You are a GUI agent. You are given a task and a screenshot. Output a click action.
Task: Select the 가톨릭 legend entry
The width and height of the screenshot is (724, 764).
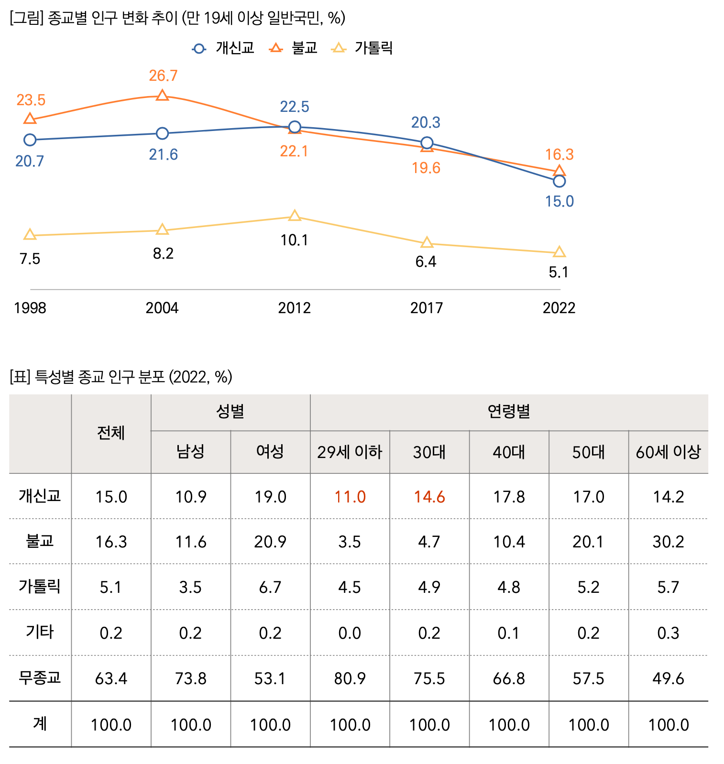362,48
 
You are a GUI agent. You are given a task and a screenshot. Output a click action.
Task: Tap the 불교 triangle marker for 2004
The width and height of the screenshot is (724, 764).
163,96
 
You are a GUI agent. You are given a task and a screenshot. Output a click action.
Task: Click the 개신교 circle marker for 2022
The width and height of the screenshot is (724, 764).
559,181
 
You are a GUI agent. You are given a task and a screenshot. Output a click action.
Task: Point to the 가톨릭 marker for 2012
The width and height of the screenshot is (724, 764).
295,216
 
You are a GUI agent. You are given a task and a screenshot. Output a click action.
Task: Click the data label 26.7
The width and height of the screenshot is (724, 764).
163,76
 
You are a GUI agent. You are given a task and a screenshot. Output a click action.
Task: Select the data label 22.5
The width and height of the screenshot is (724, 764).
295,107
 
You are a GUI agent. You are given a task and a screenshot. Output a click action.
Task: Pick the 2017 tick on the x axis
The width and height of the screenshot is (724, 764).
427,307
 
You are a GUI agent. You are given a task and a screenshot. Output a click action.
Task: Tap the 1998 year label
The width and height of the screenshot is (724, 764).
30,307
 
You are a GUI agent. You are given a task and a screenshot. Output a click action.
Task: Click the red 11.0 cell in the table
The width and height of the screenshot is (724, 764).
350,497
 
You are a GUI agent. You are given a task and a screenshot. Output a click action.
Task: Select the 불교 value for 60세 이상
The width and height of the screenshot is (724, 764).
668,542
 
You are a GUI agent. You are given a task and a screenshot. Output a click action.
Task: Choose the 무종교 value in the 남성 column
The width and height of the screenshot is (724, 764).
191,678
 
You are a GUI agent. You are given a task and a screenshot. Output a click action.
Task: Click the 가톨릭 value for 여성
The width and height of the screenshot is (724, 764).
270,587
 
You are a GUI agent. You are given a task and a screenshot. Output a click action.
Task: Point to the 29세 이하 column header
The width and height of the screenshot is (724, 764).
350,452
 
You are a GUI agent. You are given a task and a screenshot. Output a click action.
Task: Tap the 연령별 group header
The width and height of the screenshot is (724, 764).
509,412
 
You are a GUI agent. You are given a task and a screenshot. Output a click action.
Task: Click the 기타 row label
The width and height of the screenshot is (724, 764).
40,632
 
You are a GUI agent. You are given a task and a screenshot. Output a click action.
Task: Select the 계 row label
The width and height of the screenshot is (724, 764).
40,724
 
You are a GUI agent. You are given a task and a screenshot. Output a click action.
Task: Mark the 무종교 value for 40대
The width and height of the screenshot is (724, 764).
509,678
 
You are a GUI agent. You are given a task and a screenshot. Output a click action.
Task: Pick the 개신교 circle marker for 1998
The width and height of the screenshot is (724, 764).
30,140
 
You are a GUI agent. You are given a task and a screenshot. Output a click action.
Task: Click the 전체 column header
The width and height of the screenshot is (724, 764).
111,433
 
